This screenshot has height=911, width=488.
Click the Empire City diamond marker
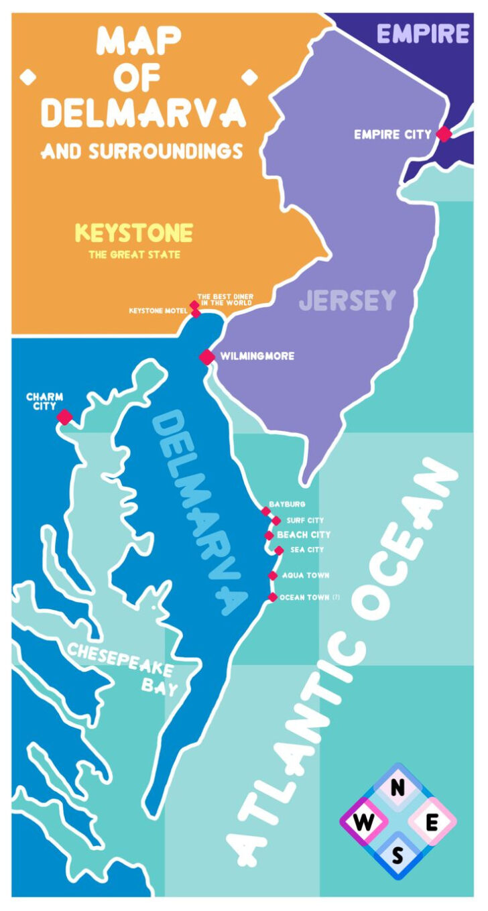pyautogui.click(x=444, y=134)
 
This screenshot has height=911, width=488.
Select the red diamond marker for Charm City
pyautogui.click(x=64, y=417)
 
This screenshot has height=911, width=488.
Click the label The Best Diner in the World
pyautogui.click(x=225, y=300)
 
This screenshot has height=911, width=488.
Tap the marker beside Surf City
pyautogui.click(x=276, y=521)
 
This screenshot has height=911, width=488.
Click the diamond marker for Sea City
pyautogui.click(x=279, y=550)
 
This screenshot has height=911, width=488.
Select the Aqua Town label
pyautogui.click(x=306, y=575)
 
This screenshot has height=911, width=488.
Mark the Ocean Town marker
pyautogui.click(x=272, y=597)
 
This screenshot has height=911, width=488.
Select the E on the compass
pyautogui.click(x=432, y=823)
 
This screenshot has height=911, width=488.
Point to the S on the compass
pyautogui.click(x=398, y=857)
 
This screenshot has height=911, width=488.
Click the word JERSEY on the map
pyautogui.click(x=347, y=300)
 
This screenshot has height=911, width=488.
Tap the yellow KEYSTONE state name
pyautogui.click(x=134, y=233)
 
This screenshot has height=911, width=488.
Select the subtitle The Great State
pyautogui.click(x=134, y=255)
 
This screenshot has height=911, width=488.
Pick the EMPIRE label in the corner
pyautogui.click(x=423, y=33)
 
